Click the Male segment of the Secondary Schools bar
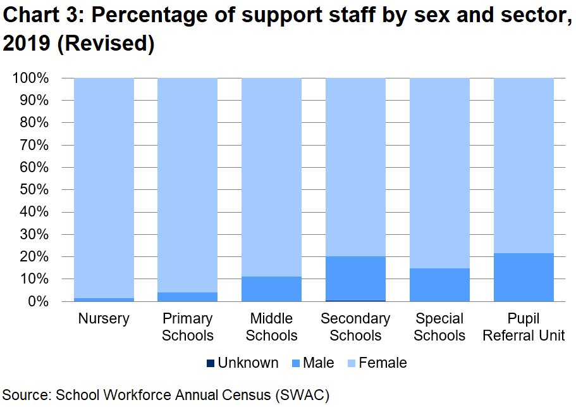[x=355, y=279]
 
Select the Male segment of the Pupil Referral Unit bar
[x=524, y=277]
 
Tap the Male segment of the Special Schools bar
[x=439, y=285]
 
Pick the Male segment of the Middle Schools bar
[x=272, y=289]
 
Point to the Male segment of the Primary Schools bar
[x=187, y=297]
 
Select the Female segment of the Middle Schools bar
[x=272, y=177]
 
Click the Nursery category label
[x=104, y=319]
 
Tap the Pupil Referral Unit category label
[x=524, y=327]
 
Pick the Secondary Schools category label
[x=355, y=327]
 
